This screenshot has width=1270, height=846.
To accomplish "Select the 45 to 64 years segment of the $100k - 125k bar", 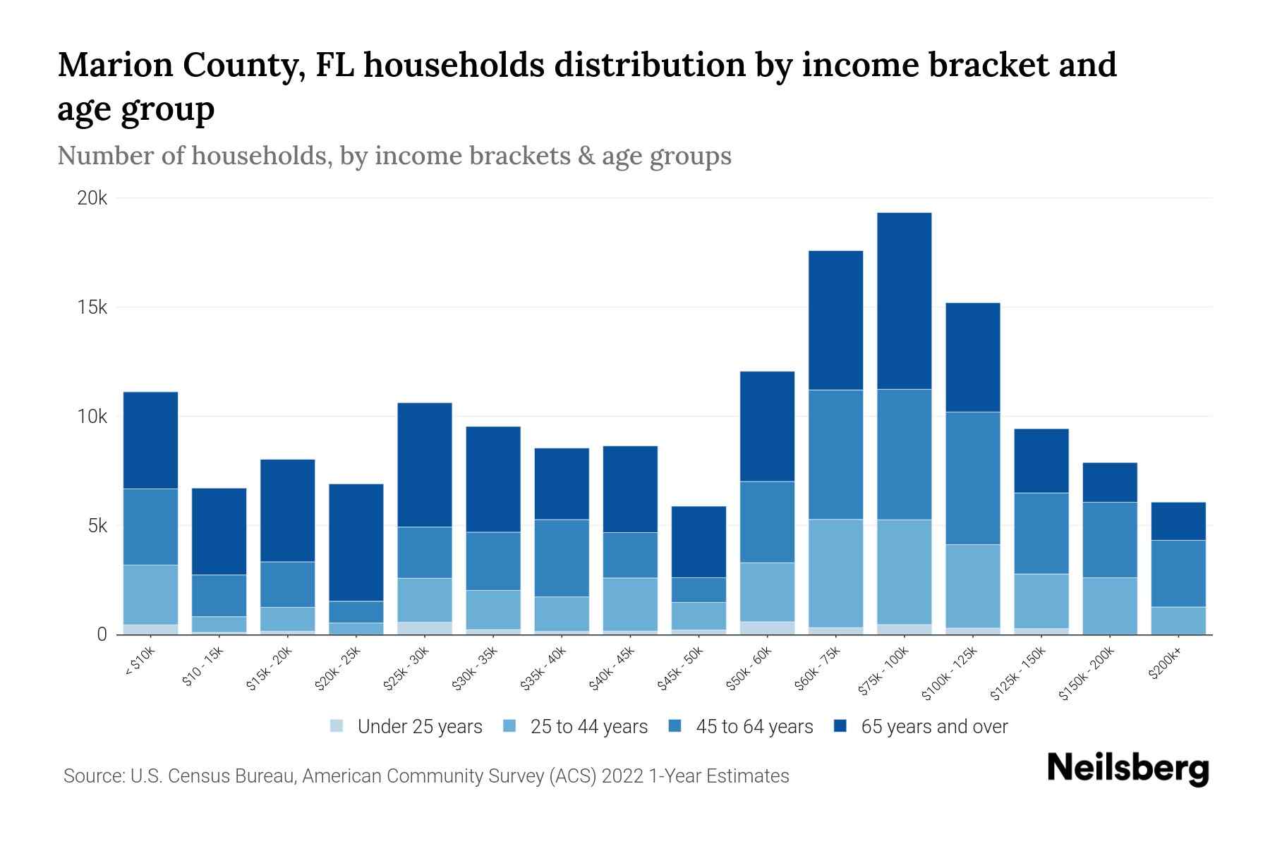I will pyautogui.click(x=972, y=478).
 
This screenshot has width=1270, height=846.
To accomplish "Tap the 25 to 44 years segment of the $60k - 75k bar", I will pyautogui.click(x=835, y=573).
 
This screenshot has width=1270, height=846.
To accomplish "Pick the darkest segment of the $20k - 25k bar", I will pyautogui.click(x=356, y=542).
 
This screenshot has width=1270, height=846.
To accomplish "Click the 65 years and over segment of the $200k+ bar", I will pyautogui.click(x=1178, y=521).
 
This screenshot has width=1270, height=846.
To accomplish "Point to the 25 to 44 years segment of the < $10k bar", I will pyautogui.click(x=150, y=594).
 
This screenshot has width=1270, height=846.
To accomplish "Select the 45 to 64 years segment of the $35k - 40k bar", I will pyautogui.click(x=562, y=558).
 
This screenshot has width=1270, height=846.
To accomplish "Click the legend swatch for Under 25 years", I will pyautogui.click(x=337, y=726).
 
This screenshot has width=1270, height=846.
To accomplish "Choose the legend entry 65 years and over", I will pyautogui.click(x=933, y=726).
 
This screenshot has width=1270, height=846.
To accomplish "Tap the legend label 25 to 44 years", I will pyautogui.click(x=588, y=726).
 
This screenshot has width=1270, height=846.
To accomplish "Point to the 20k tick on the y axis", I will pyautogui.click(x=92, y=199).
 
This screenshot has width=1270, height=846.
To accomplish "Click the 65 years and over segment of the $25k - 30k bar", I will pyautogui.click(x=425, y=465).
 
